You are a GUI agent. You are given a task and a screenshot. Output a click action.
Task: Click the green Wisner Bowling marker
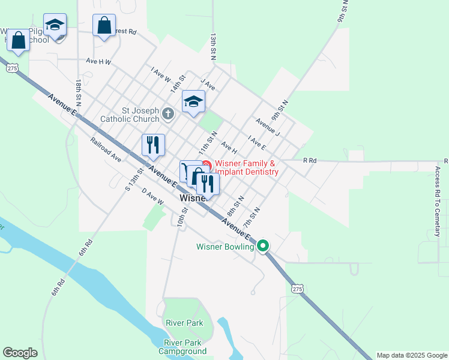tap(263, 245)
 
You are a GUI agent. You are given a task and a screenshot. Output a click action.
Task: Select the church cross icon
tap(169, 113)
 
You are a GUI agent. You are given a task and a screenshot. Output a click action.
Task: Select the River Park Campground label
tap(185, 347)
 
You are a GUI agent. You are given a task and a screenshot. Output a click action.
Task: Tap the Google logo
tap(20, 353)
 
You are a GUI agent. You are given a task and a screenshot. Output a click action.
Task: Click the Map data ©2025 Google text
tap(411, 355)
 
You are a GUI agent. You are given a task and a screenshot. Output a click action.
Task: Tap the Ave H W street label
tap(99, 61)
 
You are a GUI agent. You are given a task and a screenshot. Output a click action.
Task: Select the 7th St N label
tap(251, 217)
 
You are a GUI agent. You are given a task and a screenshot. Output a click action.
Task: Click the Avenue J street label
tap(268, 126)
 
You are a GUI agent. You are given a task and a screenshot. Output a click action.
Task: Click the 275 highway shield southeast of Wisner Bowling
tap(298, 289)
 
